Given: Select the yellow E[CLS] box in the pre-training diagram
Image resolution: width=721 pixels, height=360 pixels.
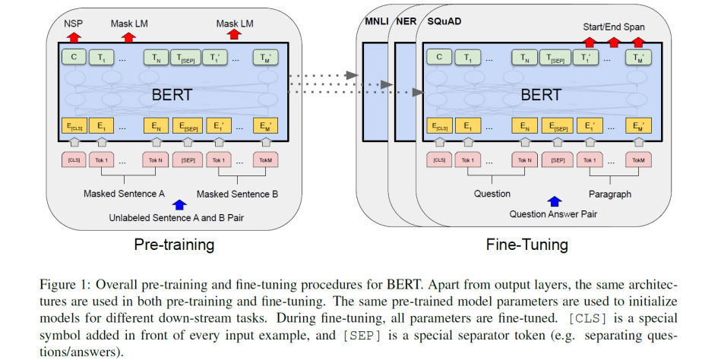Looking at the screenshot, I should (x=73, y=126).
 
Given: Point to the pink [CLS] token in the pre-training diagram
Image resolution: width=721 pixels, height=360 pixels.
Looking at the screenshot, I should (x=74, y=160).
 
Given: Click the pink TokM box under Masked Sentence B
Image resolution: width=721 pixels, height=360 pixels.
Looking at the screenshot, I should (x=266, y=160).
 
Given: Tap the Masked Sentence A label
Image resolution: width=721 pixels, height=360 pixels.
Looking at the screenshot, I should (x=124, y=194).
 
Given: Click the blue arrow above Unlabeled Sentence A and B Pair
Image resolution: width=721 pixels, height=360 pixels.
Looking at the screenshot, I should (x=179, y=204).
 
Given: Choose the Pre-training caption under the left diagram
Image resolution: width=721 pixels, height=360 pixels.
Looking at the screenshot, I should (x=173, y=245).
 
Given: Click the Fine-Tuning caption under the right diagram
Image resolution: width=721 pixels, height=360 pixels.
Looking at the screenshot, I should (x=526, y=245).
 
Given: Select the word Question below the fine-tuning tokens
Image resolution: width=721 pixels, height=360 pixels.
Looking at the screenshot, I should (x=492, y=194).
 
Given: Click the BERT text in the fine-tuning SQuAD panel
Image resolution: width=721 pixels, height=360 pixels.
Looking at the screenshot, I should (x=541, y=94).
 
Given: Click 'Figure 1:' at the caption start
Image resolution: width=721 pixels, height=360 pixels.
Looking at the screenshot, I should (x=64, y=284).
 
